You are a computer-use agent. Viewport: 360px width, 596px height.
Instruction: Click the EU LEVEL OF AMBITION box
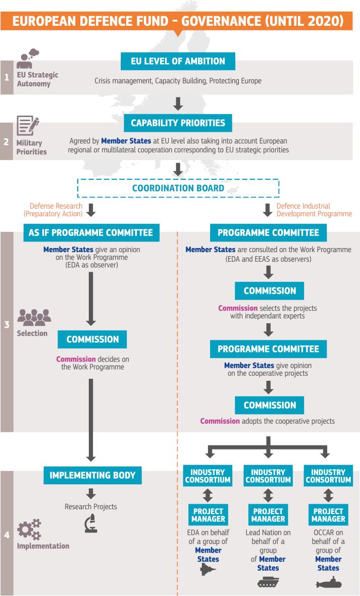pyautogui.click(x=179, y=61)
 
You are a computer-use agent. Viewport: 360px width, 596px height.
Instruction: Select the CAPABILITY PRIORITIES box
pyautogui.click(x=178, y=122)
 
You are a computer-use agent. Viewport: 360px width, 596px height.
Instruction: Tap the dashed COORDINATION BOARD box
pyautogui.click(x=178, y=188)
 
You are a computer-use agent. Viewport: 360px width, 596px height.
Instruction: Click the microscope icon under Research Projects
pyautogui.click(x=90, y=525)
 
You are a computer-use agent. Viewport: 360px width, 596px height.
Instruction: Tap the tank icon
pyautogui.click(x=268, y=582)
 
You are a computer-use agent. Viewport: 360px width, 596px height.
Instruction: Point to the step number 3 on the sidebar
pyautogui.click(x=7, y=324)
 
